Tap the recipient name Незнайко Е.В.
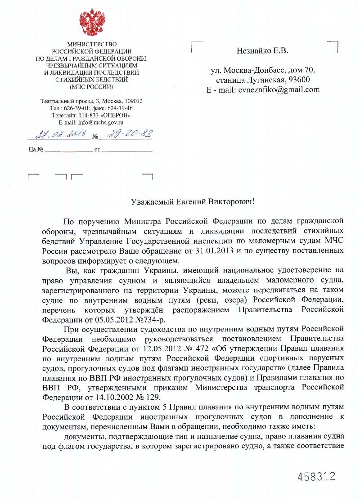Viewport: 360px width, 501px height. point(262,51)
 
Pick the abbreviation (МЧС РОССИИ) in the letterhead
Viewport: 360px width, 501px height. point(92,86)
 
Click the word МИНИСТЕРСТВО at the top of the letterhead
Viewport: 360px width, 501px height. point(92,45)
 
